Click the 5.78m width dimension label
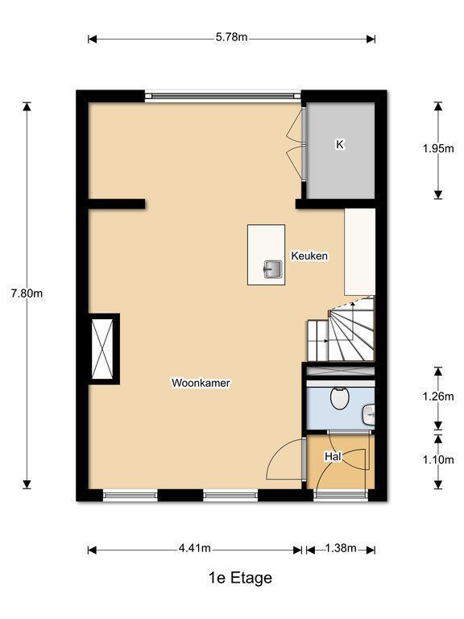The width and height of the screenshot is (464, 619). click(x=232, y=37)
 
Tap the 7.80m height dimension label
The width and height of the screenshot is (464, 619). click(x=27, y=293)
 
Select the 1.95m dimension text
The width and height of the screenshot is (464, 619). click(x=438, y=148)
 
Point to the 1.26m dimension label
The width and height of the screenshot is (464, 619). click(x=438, y=396)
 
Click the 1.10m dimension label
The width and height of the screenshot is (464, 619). click(x=438, y=459)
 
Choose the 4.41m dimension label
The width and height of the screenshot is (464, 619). click(x=194, y=548)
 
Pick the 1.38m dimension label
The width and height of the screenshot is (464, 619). click(x=341, y=548)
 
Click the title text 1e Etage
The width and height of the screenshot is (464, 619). click(x=240, y=578)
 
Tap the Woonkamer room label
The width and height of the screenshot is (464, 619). click(x=201, y=383)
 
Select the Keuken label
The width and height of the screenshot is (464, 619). click(x=309, y=255)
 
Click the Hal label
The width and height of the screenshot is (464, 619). click(x=333, y=457)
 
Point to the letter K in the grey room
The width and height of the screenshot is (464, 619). click(x=340, y=144)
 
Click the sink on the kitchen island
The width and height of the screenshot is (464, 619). click(x=272, y=269)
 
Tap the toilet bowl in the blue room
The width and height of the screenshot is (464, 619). click(x=339, y=398)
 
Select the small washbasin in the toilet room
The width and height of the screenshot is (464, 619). click(x=368, y=416)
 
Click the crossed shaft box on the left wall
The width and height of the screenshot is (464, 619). click(x=102, y=349)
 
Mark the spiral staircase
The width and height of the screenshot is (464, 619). click(x=341, y=329)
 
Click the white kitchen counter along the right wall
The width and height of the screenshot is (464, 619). click(x=359, y=251)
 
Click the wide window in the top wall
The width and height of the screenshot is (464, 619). click(x=223, y=96)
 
